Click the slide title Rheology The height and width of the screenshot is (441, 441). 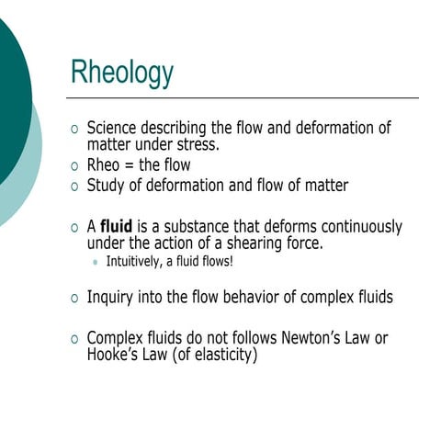122,71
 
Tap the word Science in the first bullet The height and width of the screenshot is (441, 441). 116,129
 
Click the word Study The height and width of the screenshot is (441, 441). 108,186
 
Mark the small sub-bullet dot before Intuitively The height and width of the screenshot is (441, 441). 96,263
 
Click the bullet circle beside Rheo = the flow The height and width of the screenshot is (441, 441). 75,166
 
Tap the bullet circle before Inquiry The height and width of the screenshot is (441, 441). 75,298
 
